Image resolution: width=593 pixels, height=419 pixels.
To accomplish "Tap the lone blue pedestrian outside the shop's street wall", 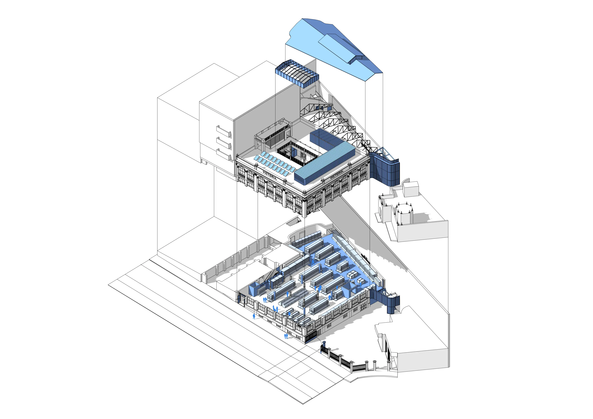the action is tap(254, 316).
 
